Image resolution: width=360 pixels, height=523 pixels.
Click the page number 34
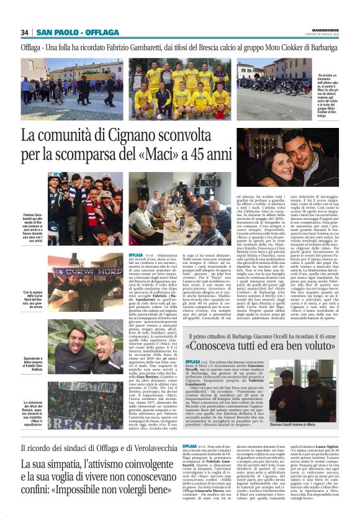[x=25, y=33]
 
